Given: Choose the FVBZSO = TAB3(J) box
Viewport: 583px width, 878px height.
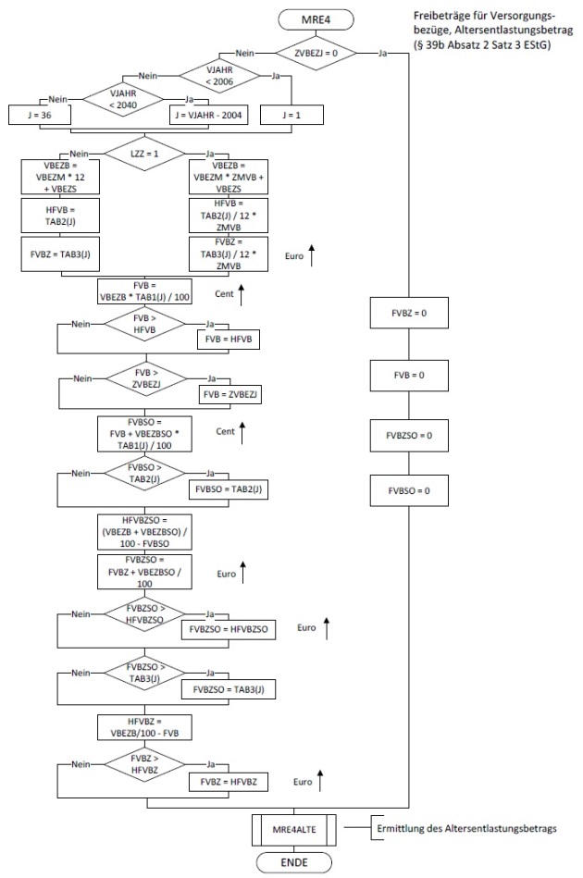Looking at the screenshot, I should tap(229, 688).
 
